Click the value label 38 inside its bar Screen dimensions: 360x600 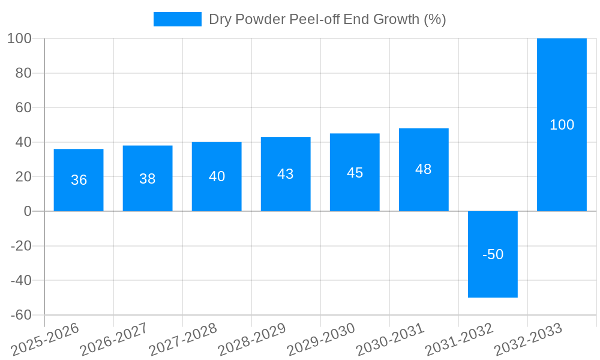(148, 179)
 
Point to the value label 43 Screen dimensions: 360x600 (286, 174)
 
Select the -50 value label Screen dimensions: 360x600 (493, 254)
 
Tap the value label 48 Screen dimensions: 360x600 (424, 169)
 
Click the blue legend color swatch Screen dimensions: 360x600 (178, 19)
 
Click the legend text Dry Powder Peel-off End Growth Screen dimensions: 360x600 (327, 19)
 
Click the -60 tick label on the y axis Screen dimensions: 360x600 (20, 315)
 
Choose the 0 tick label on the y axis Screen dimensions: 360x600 (27, 211)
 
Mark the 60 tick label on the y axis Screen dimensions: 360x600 (23, 107)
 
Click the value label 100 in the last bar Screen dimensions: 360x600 (562, 125)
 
